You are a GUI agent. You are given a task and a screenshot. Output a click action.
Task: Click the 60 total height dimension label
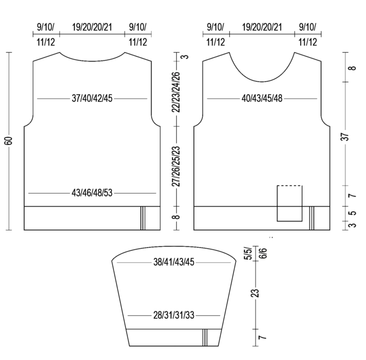(x=9, y=141)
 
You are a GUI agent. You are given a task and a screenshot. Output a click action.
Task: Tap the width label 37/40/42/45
(x=92, y=98)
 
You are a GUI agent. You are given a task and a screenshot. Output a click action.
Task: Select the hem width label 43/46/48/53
(x=92, y=193)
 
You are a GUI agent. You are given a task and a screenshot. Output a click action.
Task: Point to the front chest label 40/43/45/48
(x=262, y=98)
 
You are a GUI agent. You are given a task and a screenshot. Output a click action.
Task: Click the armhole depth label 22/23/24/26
(x=176, y=92)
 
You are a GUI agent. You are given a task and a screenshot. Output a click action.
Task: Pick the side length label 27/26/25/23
(x=176, y=167)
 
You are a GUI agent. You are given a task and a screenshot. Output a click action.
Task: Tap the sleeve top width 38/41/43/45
(x=174, y=262)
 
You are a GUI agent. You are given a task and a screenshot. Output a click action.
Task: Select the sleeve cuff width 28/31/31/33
(x=174, y=315)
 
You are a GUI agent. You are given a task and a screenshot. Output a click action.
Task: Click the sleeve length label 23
(x=256, y=293)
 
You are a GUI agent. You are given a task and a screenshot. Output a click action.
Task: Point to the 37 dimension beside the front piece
(x=345, y=137)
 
